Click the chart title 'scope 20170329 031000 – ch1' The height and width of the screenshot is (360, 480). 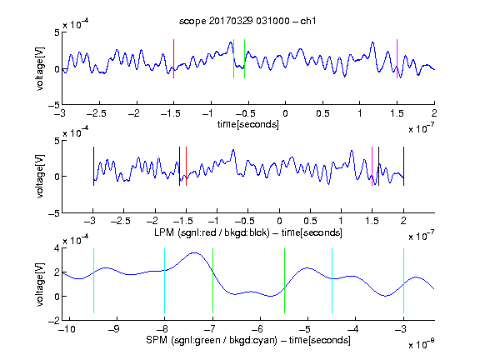(247, 21)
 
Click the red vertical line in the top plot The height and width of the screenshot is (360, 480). (173, 59)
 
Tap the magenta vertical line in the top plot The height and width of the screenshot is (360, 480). (397, 59)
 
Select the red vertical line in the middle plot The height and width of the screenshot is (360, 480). (186, 166)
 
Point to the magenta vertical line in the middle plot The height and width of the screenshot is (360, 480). (372, 166)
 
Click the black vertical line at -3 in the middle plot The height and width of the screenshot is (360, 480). (93, 166)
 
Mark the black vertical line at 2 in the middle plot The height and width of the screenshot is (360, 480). (403, 166)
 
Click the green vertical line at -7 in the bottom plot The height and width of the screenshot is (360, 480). (212, 281)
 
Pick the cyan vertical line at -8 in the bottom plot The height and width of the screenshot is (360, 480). (165, 281)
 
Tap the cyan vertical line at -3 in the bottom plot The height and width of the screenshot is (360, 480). (403, 281)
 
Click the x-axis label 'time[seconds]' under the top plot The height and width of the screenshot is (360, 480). (248, 124)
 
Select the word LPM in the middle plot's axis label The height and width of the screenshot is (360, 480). (164, 232)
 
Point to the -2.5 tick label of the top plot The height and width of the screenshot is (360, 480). (96, 114)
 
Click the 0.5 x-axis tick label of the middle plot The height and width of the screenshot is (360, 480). (310, 221)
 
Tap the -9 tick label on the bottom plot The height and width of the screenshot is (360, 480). (114, 329)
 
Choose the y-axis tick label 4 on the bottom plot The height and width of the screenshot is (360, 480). (57, 248)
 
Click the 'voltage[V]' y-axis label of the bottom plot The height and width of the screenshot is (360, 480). (40, 284)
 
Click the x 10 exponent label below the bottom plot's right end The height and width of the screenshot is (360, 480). (421, 344)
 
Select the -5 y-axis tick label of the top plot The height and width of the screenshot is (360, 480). (54, 105)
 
